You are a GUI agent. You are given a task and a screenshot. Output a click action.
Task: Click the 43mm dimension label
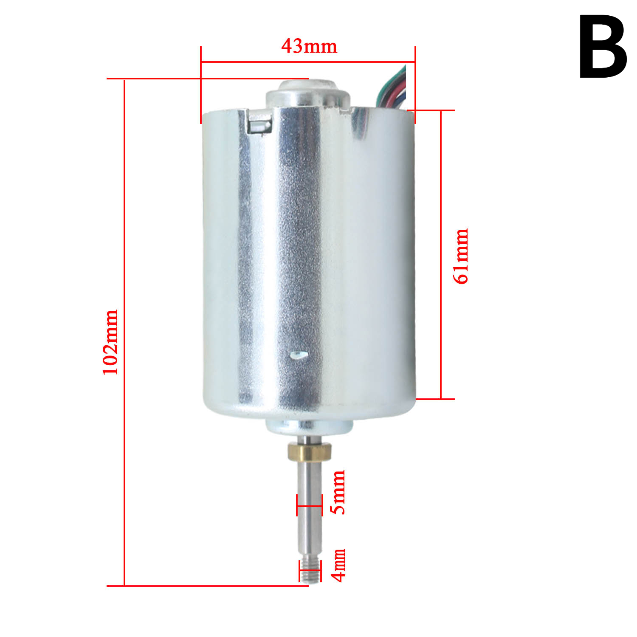(x=309, y=46)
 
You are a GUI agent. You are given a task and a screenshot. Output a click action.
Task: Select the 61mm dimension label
(x=461, y=256)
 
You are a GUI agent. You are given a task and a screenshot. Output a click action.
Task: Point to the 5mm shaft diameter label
(x=339, y=492)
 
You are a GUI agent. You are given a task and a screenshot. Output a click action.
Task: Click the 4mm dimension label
(x=338, y=565)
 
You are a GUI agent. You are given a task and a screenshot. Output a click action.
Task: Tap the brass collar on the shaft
(x=309, y=451)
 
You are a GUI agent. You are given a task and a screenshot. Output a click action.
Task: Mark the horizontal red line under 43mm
(x=308, y=62)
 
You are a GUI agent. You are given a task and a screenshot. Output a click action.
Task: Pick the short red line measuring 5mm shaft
(x=309, y=506)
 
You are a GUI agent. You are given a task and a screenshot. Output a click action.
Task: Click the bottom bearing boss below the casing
(x=309, y=426)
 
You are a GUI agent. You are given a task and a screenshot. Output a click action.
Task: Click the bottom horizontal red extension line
(x=208, y=586)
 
